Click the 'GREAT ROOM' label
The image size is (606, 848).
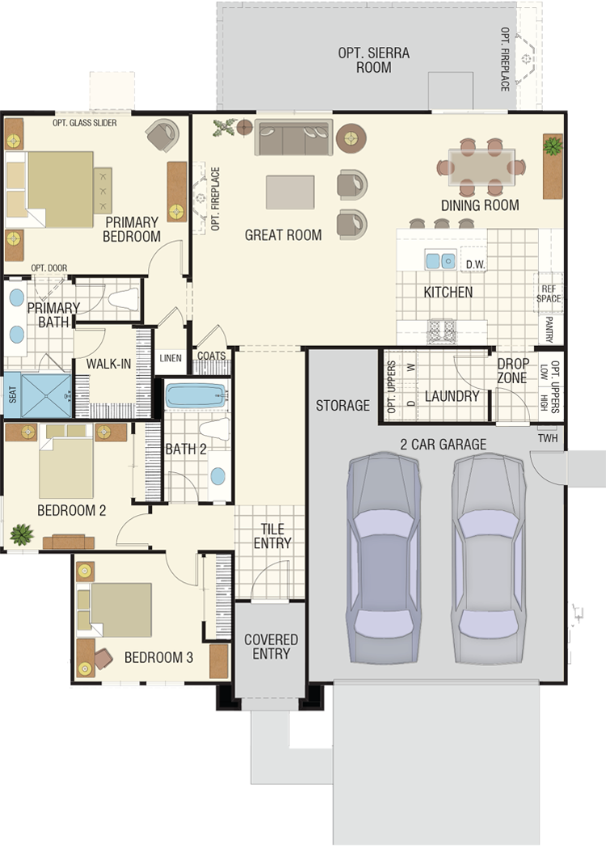coord(283,235)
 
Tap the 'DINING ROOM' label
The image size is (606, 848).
coord(480,205)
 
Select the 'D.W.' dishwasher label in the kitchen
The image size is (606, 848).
coord(475,264)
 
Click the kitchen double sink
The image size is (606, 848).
coord(440,260)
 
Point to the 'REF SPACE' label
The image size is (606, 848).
coord(548,293)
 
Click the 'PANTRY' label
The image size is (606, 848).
coord(549,329)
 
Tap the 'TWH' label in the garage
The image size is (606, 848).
coord(548,438)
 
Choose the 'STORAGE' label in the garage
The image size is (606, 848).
coord(343,405)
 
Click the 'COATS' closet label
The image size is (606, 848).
coord(211,356)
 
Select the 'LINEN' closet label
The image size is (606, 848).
coord(170,358)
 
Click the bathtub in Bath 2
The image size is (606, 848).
coord(196,396)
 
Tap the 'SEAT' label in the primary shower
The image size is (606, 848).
coord(13,394)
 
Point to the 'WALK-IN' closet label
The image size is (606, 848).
coord(108,364)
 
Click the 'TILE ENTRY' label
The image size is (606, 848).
coord(272,536)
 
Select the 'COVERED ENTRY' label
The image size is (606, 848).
coord(271,646)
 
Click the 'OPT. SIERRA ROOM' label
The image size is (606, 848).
coord(373,60)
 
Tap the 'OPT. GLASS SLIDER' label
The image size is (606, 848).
coord(84,123)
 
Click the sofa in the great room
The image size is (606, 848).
coord(293,137)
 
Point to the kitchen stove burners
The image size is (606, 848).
coord(442,331)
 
